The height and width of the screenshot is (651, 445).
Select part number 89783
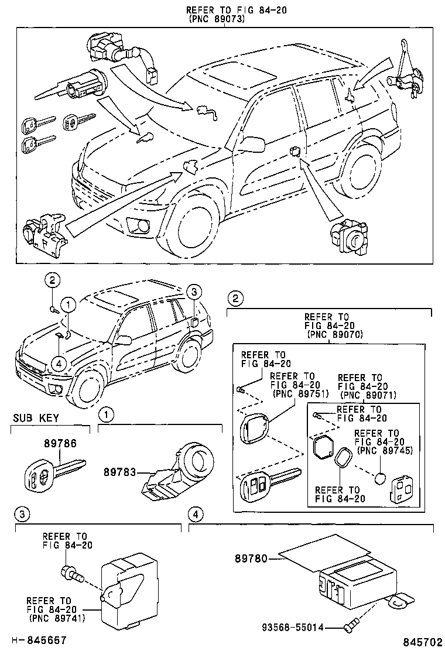pyautogui.click(x=119, y=472)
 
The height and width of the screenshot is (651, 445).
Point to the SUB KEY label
pyautogui.click(x=35, y=418)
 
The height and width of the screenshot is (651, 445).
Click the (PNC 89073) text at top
pyautogui.click(x=216, y=19)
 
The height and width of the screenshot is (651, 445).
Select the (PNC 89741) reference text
pyautogui.click(x=50, y=618)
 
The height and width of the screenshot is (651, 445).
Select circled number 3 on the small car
pyautogui.click(x=194, y=292)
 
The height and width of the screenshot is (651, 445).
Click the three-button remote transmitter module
pyautogui.click(x=402, y=491)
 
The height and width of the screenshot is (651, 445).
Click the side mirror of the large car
pyautogui.click(x=252, y=143)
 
